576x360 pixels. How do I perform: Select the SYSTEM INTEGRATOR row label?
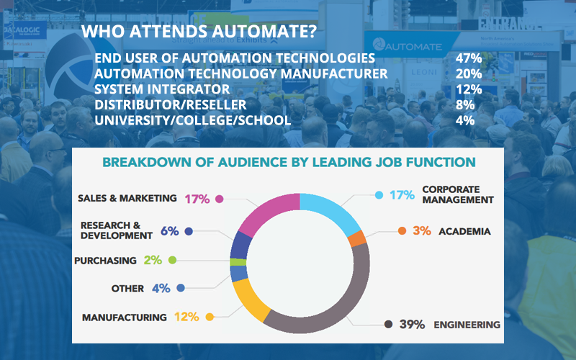pos(162,89)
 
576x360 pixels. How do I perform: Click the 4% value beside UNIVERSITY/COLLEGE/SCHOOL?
pos(464,120)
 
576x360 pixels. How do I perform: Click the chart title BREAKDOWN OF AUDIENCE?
pos(289,163)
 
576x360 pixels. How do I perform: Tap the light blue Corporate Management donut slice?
pos(332,205)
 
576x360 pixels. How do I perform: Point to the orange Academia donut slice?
pos(356,238)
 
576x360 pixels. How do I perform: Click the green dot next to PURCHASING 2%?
pos(172,260)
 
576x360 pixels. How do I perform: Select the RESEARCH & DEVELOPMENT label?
pos(116,230)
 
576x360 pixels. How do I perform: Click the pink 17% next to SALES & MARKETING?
pos(197,198)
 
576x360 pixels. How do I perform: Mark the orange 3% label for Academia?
pos(422,231)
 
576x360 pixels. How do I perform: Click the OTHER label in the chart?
pos(127,288)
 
